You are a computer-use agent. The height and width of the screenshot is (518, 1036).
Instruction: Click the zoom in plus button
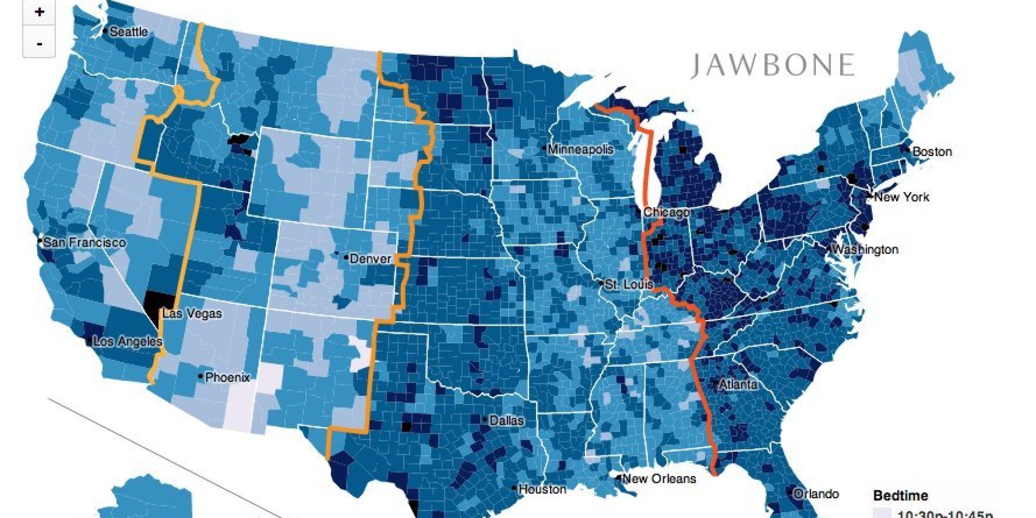(39, 12)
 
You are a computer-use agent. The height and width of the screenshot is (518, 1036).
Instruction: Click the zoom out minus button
(39, 44)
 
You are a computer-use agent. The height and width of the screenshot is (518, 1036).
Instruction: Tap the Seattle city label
(128, 32)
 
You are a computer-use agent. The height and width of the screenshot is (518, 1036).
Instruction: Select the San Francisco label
(84, 242)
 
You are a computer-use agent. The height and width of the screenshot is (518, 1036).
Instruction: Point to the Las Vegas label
(192, 313)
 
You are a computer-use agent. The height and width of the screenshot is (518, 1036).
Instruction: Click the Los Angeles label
(127, 341)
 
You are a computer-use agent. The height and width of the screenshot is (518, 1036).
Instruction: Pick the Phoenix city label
(227, 378)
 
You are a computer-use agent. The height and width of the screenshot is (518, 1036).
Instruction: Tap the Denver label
(370, 258)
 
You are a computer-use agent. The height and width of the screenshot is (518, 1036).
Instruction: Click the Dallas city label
(506, 421)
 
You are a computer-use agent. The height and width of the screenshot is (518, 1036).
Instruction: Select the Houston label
(542, 489)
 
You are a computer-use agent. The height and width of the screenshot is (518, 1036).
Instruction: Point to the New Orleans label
(659, 479)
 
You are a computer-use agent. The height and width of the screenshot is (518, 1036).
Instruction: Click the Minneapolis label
(580, 149)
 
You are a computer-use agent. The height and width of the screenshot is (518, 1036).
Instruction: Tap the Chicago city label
(666, 212)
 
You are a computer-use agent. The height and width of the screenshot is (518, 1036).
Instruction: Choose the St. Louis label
(629, 284)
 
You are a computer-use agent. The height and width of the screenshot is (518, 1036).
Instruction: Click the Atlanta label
(738, 384)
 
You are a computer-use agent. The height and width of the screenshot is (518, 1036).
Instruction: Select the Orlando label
(816, 494)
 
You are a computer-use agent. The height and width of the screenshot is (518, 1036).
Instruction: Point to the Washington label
(865, 250)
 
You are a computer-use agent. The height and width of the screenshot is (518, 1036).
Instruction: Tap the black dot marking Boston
(908, 150)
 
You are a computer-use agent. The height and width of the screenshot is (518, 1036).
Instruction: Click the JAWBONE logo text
(772, 65)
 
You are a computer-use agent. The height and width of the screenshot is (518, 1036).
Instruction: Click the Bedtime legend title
(900, 495)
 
